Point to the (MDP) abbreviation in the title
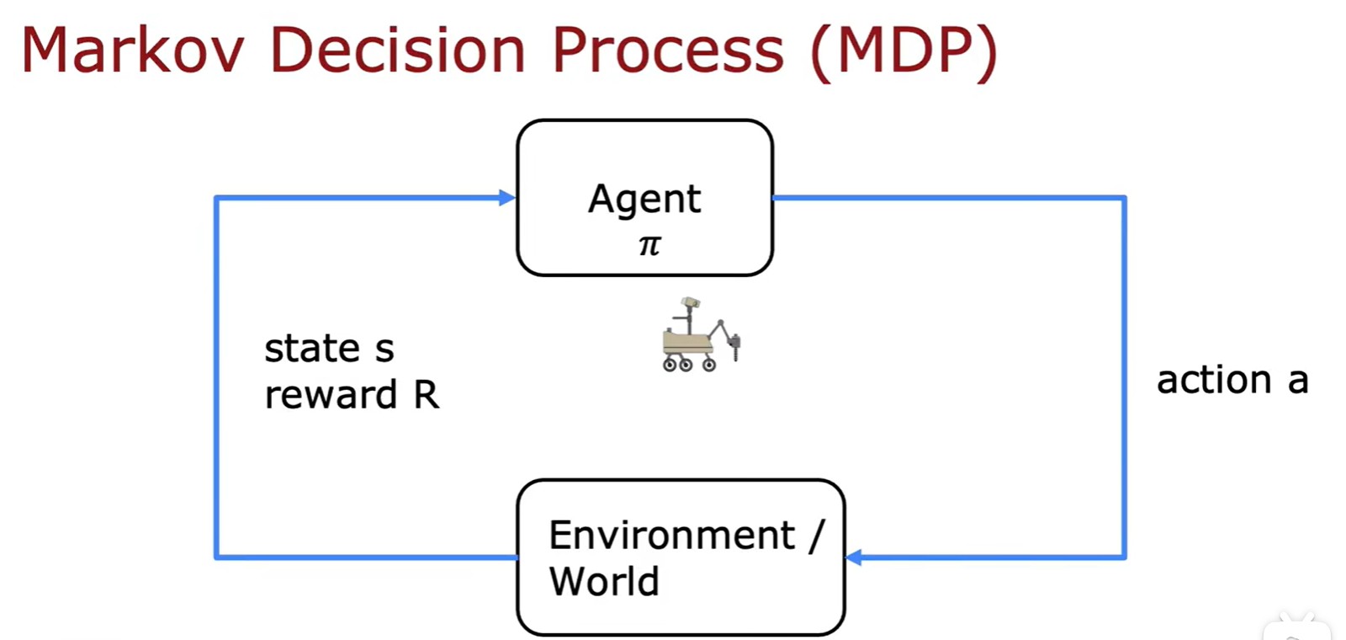coord(904,53)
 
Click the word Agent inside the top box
coord(644,200)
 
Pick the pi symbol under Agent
coord(649,245)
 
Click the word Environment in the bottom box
coord(672,535)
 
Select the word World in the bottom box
coord(604,581)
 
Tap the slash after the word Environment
coord(816,536)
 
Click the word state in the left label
coord(312,349)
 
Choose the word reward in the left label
coord(331,395)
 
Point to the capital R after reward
coord(426,395)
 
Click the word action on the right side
coord(1214,380)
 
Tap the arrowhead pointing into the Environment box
coord(854,557)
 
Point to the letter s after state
coord(384,349)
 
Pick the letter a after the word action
coord(1298,381)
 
